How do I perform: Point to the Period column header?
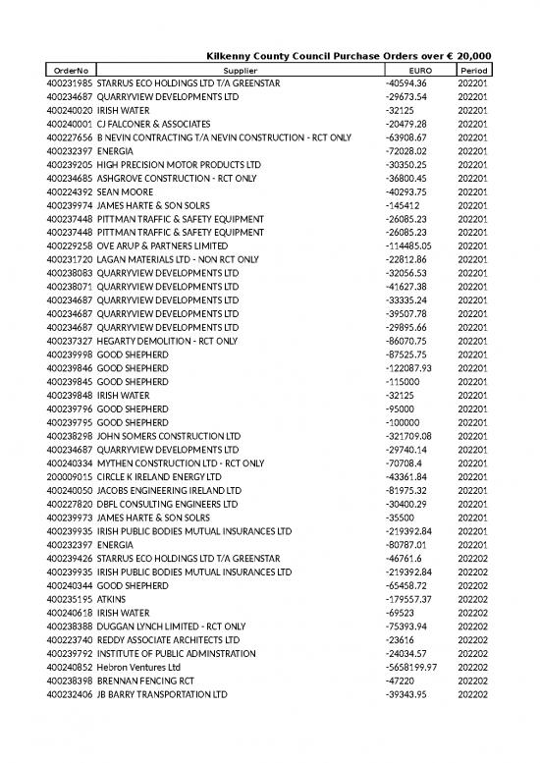473,71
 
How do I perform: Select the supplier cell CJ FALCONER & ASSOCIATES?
152,124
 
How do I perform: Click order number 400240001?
69,124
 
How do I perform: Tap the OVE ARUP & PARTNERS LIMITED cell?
162,245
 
